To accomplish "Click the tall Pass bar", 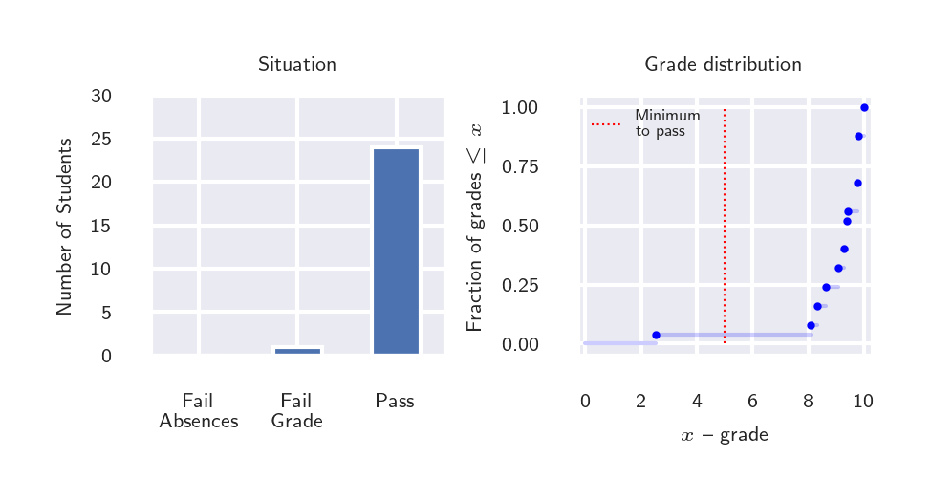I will (396, 251).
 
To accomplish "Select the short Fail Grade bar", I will (297, 351).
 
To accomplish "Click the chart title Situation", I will (296, 65).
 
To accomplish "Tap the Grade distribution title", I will (723, 65).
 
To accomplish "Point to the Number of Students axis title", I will (64, 227).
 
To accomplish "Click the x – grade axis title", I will (724, 436).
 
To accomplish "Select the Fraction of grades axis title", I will (474, 227).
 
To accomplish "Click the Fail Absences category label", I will (198, 411).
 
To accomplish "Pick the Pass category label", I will (395, 402).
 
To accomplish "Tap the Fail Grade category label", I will (296, 411).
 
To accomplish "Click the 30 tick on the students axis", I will (100, 97).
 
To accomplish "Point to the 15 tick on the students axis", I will (100, 227).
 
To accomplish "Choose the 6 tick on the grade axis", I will (752, 402).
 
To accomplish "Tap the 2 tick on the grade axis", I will (640, 402).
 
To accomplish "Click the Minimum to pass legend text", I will (667, 123).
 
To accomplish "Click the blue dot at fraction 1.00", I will (864, 107).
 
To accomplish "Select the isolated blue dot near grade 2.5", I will (656, 335).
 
